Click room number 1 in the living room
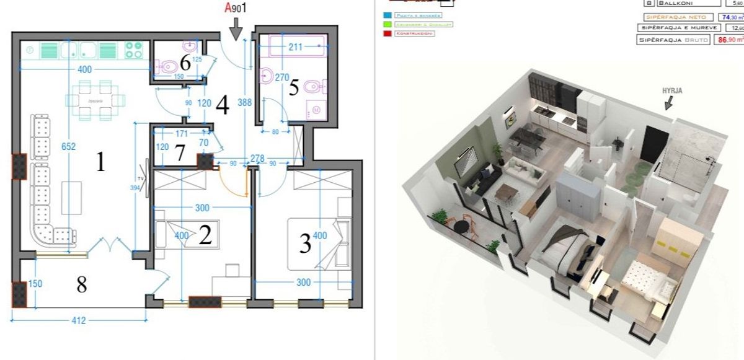100,163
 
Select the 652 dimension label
68,147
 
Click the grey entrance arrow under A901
236,29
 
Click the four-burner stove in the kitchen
133,50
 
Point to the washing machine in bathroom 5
316,109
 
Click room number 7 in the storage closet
179,153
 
